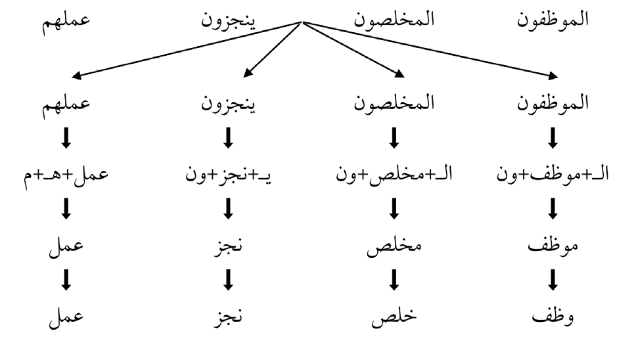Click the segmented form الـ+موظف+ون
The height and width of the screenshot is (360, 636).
(553, 174)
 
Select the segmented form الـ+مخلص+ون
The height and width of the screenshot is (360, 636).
(394, 174)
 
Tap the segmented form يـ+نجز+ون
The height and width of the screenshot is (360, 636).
(229, 175)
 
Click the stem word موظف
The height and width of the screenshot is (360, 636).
(553, 245)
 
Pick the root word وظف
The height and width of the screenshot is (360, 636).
(553, 316)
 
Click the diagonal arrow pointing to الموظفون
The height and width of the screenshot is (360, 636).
(430, 49)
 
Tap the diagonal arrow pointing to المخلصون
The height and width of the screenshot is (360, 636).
(353, 49)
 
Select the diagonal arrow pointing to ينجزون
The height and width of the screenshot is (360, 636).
(272, 49)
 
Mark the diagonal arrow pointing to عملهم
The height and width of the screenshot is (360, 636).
(187, 49)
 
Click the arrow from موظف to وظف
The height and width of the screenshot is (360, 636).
(553, 280)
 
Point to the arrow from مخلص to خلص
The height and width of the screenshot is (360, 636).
(394, 280)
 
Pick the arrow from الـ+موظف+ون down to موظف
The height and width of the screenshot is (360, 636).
(553, 209)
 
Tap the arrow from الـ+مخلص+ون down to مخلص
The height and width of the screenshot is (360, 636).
(394, 209)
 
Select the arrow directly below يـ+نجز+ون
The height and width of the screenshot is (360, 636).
(229, 209)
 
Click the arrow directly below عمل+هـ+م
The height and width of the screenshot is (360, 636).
(66, 209)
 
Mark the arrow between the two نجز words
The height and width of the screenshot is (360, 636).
(229, 280)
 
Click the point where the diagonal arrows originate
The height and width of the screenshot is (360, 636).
(303, 22)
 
